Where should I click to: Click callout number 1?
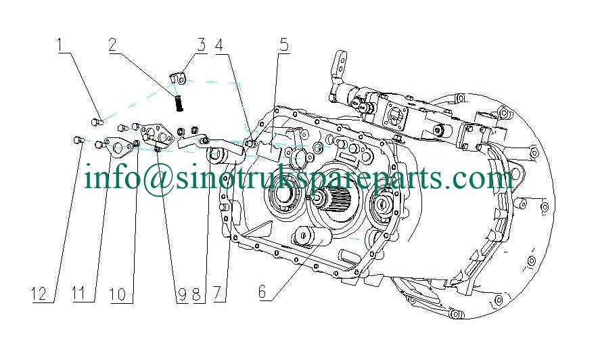[62, 45]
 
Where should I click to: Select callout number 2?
[113, 45]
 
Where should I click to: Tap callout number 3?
[201, 45]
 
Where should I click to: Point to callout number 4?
[218, 45]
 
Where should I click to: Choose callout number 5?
[283, 45]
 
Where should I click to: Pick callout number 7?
[217, 294]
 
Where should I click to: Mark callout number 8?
[197, 294]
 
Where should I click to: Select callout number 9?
[181, 294]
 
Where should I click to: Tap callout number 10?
[118, 294]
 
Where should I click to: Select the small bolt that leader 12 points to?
[77, 140]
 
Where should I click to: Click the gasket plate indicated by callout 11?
[120, 147]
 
